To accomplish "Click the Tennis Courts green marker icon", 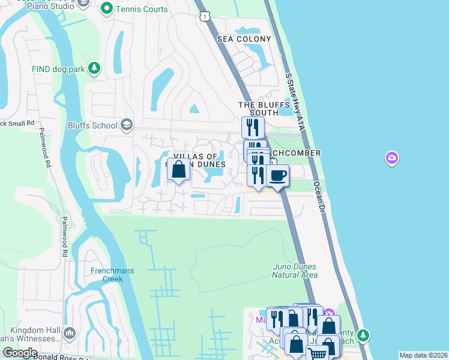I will click(x=107, y=8).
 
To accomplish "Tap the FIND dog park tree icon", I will click(x=94, y=69).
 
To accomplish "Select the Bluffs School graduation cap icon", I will click(x=126, y=125).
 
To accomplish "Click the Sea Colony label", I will click(x=244, y=39).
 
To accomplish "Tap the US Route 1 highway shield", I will click(x=205, y=16).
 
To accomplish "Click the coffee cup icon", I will click(x=277, y=176).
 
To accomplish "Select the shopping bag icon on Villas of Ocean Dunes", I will click(x=179, y=170).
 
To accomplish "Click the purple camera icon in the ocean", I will click(x=391, y=158).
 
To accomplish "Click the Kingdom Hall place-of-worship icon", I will click(x=70, y=332).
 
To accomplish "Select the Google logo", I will click(x=20, y=353).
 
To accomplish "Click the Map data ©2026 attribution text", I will click(x=423, y=355).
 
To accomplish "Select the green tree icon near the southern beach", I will click(x=362, y=335).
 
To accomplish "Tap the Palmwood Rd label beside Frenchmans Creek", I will click(x=64, y=236).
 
